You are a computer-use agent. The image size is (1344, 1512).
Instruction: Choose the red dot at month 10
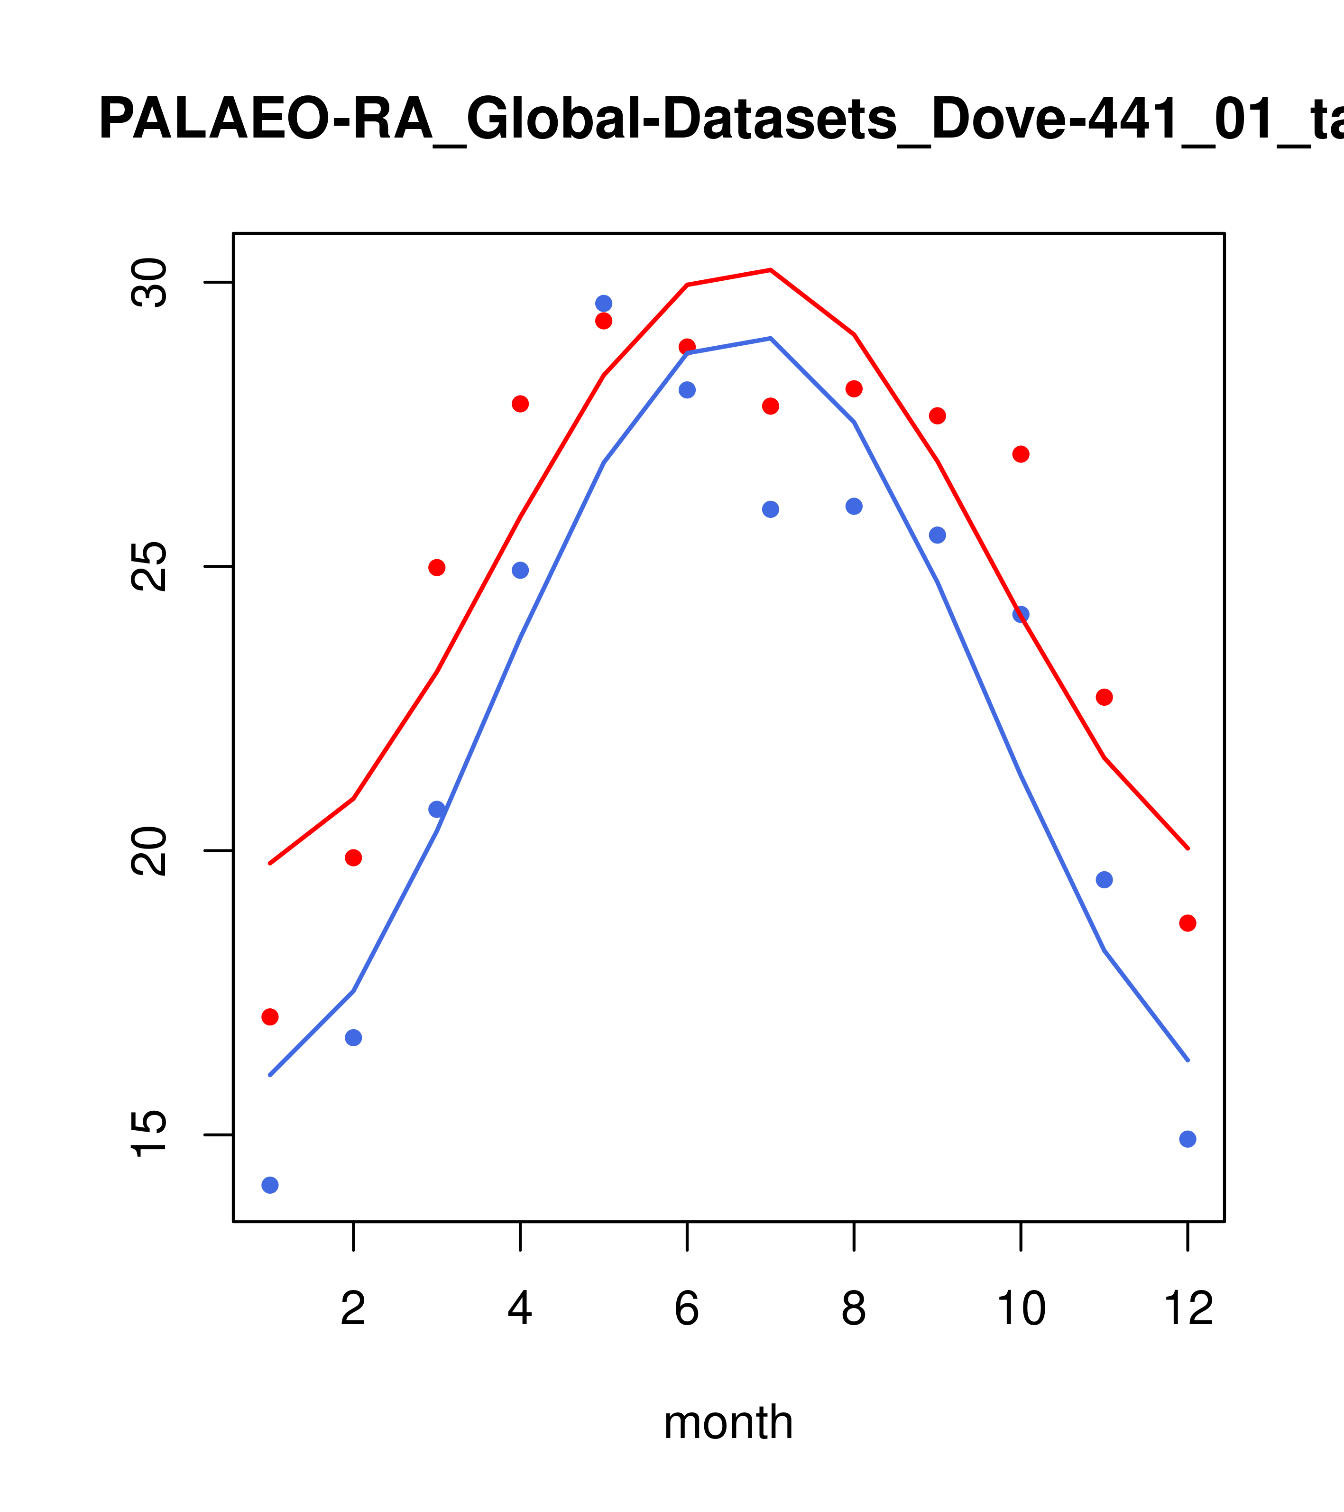[1021, 454]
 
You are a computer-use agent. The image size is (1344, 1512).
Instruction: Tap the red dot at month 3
[437, 567]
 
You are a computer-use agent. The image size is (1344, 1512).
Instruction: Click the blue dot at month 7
[771, 510]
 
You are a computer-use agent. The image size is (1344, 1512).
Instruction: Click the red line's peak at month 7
[771, 270]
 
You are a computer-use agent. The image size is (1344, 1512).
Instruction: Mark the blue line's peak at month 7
[771, 338]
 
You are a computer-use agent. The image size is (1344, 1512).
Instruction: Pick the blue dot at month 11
[1105, 879]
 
